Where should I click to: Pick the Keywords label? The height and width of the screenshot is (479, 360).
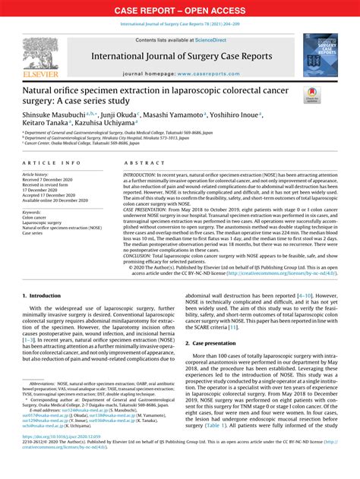32,213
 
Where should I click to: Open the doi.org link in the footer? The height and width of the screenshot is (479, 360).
60,459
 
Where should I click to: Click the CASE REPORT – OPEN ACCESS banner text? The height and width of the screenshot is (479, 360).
179,10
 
